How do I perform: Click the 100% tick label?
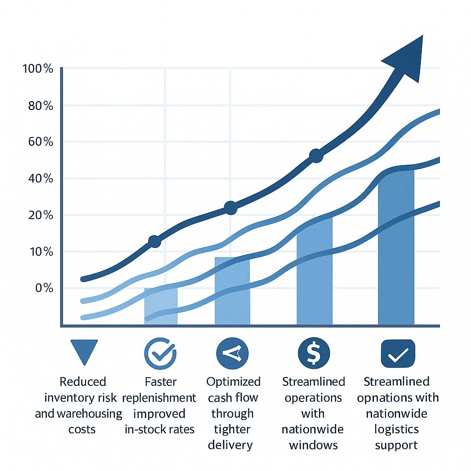(38, 69)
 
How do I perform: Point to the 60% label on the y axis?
(40, 142)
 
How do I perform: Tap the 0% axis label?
(43, 288)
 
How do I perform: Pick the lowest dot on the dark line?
(155, 241)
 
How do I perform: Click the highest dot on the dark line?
(316, 156)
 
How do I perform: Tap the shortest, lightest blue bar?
(161, 306)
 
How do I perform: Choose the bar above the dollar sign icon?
(314, 271)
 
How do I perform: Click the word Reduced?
(83, 382)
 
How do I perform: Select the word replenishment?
(159, 397)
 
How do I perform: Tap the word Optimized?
(233, 382)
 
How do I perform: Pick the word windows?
(313, 445)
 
